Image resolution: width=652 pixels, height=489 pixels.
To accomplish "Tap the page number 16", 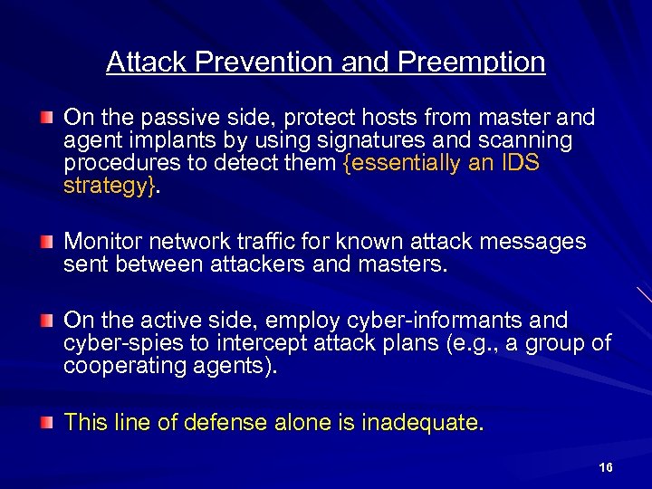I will point(606,467).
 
